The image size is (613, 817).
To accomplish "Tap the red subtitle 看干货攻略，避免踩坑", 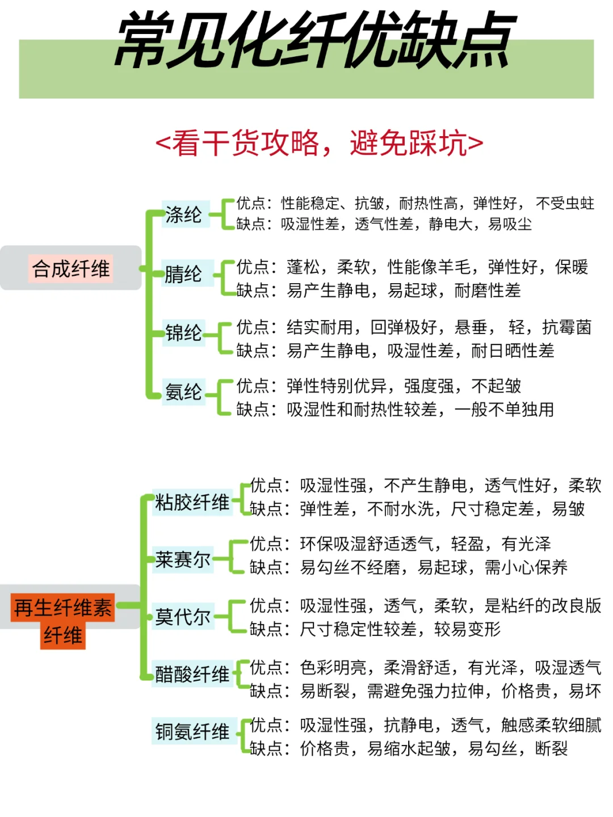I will pyautogui.click(x=320, y=143).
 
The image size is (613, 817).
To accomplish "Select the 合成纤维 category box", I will pyautogui.click(x=71, y=268).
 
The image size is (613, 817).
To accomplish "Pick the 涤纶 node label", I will pyautogui.click(x=184, y=214).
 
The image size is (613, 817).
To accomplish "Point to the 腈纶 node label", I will pyautogui.click(x=184, y=274).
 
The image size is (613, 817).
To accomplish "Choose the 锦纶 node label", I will pyautogui.click(x=184, y=333).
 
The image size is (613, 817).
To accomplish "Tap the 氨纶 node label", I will pyautogui.click(x=184, y=392).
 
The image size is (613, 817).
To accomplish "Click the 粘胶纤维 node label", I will pyautogui.click(x=192, y=502).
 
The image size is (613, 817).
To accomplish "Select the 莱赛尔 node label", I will pyautogui.click(x=183, y=560).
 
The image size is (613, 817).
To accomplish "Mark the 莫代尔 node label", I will pyautogui.click(x=183, y=617).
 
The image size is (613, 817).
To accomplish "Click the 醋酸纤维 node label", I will pyautogui.click(x=192, y=674).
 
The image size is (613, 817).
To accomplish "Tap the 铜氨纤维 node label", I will pyautogui.click(x=192, y=732).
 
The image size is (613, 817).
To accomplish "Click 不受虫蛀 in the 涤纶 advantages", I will pyautogui.click(x=565, y=203).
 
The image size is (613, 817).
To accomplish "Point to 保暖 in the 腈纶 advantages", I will pyautogui.click(x=572, y=267).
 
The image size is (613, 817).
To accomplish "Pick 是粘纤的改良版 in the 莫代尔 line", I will pyautogui.click(x=543, y=605).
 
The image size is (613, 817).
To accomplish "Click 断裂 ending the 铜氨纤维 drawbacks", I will pyautogui.click(x=551, y=749).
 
